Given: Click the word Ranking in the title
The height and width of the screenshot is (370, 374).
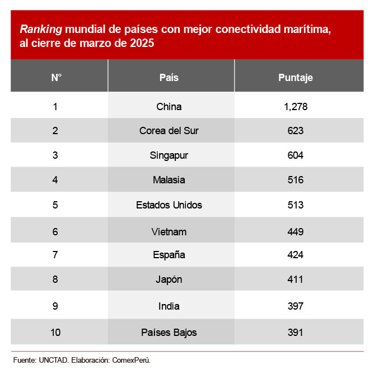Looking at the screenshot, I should click(x=41, y=29).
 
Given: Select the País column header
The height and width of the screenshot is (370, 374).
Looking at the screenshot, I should click(x=169, y=78).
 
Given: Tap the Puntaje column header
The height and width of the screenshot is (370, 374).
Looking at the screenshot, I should click(x=296, y=78).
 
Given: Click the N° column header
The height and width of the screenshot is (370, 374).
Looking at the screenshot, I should click(x=56, y=78).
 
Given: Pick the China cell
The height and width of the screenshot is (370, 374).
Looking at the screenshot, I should click(x=169, y=106).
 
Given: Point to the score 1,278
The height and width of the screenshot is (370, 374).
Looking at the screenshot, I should click(x=296, y=106).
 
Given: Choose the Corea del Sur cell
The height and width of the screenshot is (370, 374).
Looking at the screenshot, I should click(x=169, y=131).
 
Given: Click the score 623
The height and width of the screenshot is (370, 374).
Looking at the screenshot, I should click(x=296, y=131).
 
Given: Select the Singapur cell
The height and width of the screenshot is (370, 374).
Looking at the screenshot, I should click(x=169, y=155).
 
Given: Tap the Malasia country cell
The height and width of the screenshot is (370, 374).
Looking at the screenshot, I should click(x=169, y=180).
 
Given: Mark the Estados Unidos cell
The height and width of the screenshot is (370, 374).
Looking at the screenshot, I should click(x=169, y=205).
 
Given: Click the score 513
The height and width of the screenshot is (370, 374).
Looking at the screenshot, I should click(x=296, y=205).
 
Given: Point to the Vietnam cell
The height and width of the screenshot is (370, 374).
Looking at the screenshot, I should click(x=169, y=231).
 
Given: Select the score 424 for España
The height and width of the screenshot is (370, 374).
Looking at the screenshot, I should click(x=296, y=255).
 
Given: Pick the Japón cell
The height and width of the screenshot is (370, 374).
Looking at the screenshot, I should click(x=169, y=279).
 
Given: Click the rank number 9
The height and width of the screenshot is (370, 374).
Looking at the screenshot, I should click(x=55, y=306).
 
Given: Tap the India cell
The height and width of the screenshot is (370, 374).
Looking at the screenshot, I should click(x=169, y=306).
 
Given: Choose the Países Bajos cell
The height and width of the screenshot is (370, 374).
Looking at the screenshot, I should click(x=169, y=333).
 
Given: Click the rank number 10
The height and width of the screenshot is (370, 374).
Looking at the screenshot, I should click(x=55, y=333).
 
